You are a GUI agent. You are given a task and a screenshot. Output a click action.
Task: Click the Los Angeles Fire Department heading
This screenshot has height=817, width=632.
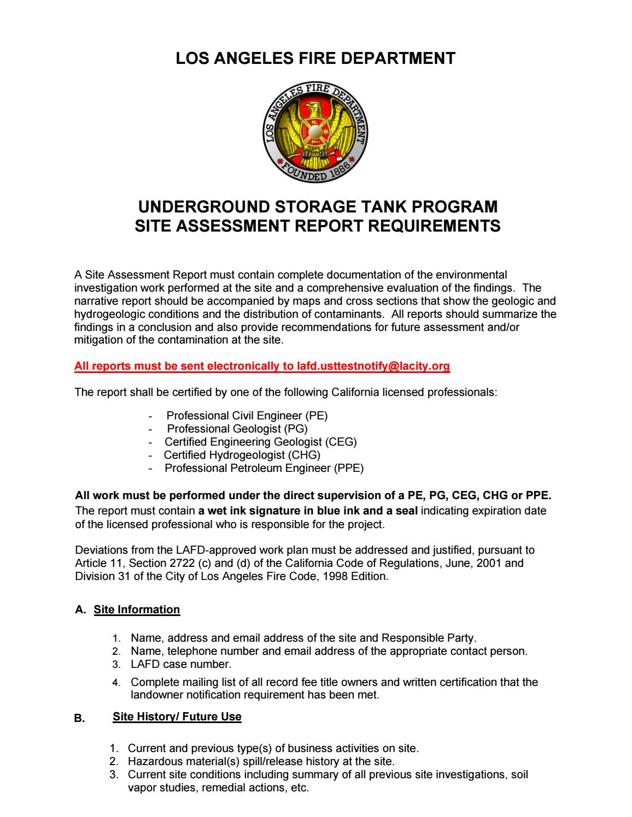(x=315, y=59)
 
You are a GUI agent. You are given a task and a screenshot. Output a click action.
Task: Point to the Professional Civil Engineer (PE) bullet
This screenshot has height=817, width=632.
(x=247, y=416)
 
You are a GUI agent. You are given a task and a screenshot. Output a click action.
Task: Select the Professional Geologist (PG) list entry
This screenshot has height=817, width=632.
(x=237, y=429)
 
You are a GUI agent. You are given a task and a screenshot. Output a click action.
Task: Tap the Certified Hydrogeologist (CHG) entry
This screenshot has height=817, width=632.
(x=242, y=455)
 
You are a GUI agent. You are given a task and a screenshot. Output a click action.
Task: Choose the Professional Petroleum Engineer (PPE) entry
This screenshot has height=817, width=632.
(x=264, y=468)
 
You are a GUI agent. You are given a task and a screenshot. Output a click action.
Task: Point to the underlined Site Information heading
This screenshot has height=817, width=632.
(x=137, y=609)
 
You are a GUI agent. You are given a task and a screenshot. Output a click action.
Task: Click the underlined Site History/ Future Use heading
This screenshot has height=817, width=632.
(x=177, y=717)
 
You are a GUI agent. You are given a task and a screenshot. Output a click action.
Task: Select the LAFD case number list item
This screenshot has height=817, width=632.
(x=181, y=665)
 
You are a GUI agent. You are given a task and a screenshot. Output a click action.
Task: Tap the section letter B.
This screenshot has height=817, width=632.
(x=79, y=718)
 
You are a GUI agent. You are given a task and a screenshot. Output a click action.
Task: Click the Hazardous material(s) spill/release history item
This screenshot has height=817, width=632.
(x=261, y=761)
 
